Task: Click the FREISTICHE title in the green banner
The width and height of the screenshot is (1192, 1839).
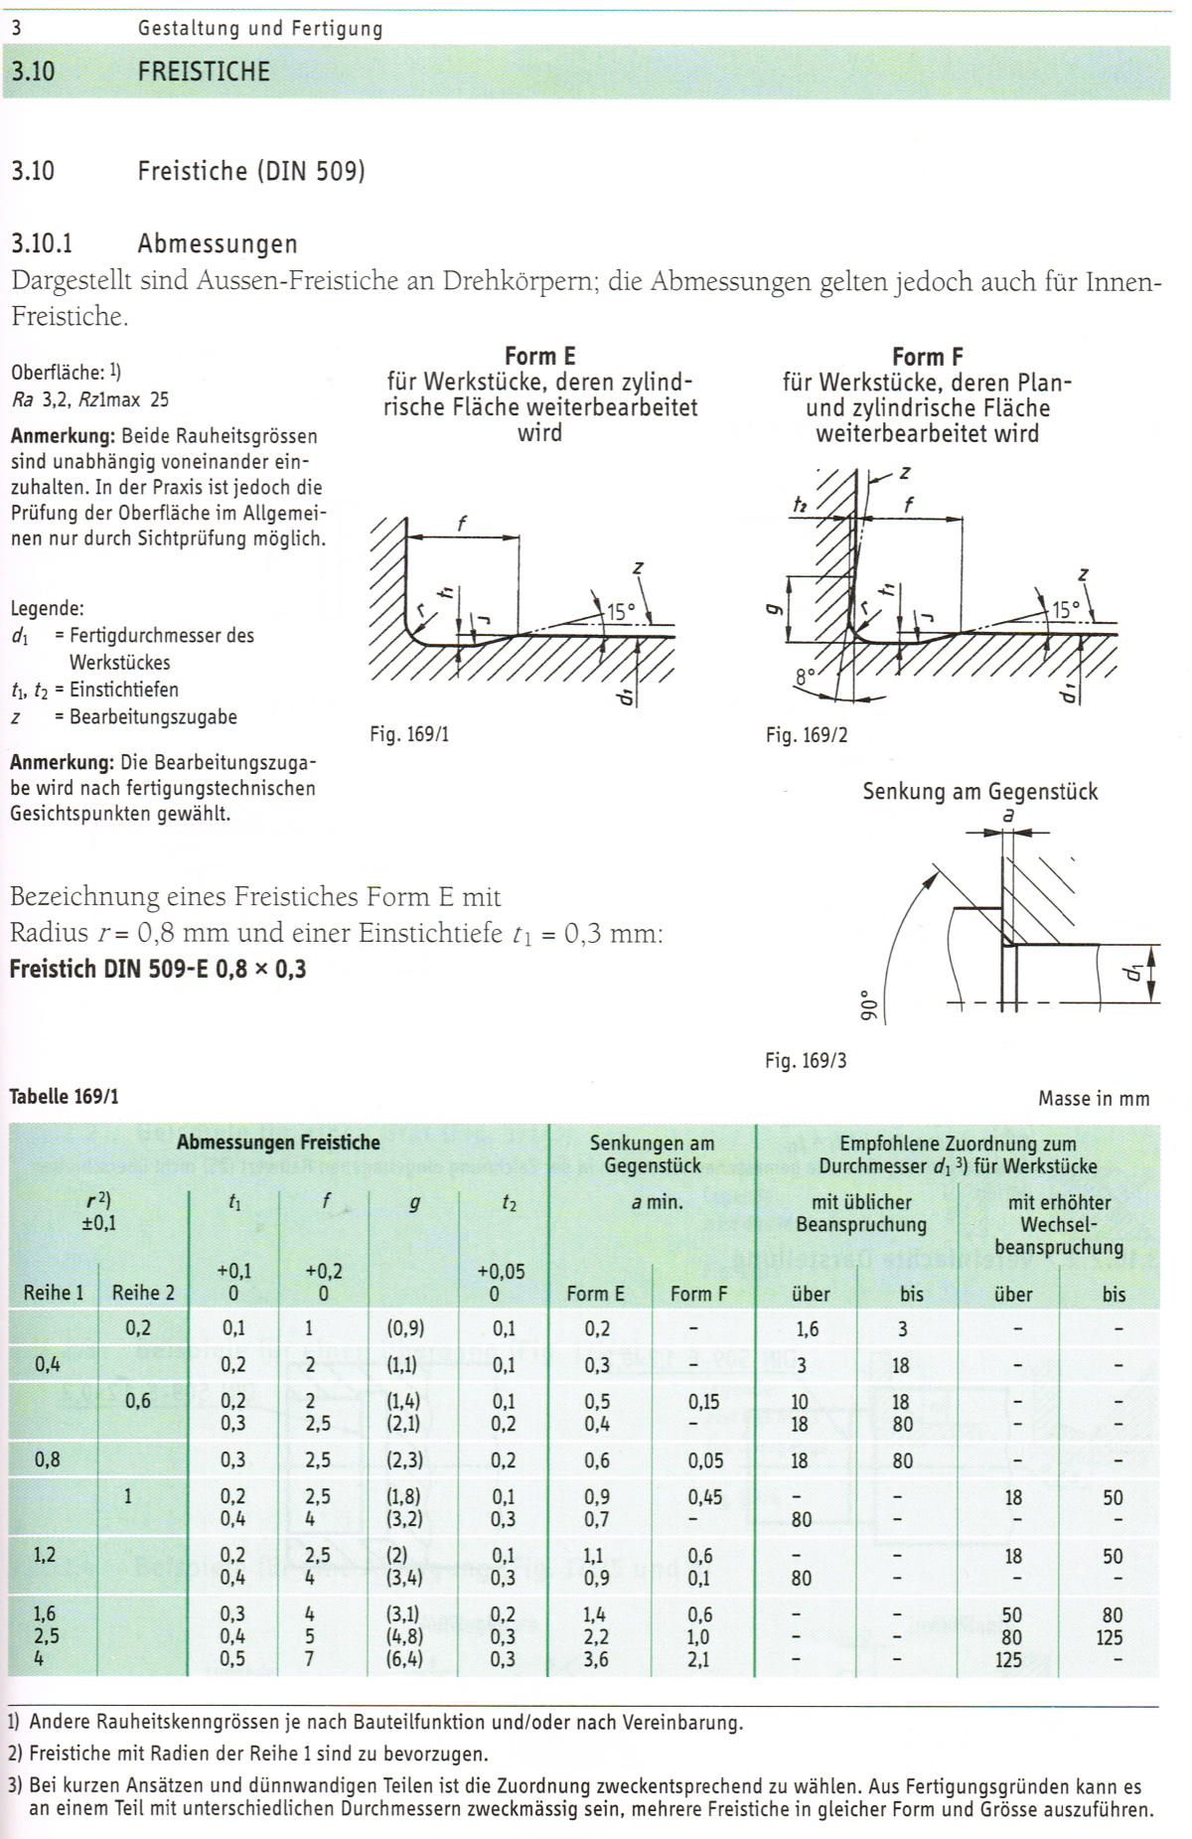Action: click(x=204, y=72)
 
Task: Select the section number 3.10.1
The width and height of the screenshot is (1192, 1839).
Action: click(x=42, y=243)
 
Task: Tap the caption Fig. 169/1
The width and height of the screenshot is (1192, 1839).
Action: click(x=409, y=734)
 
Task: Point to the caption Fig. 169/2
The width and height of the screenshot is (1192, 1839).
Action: click(x=807, y=735)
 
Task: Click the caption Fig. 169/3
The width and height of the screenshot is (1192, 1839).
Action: click(x=806, y=1060)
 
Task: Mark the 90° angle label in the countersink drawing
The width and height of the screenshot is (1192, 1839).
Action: click(x=864, y=1004)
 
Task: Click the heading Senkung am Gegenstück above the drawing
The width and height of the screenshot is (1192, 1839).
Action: click(x=979, y=792)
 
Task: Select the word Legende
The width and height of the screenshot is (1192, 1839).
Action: click(x=47, y=609)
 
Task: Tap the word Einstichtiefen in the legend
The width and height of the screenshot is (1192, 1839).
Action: click(x=124, y=690)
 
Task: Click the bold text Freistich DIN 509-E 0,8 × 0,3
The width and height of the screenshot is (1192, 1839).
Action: click(x=158, y=969)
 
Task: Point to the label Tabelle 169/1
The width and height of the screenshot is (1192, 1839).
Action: click(x=64, y=1097)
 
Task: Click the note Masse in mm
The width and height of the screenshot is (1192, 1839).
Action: click(x=1094, y=1098)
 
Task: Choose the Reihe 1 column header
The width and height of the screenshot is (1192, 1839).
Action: click(x=54, y=1293)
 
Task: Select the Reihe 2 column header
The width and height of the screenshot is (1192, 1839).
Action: click(x=143, y=1293)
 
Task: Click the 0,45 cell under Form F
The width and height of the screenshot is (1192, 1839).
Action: click(x=704, y=1497)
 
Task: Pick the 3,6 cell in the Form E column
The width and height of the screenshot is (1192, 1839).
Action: click(x=596, y=1659)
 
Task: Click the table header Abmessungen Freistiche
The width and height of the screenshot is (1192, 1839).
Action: click(x=278, y=1143)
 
